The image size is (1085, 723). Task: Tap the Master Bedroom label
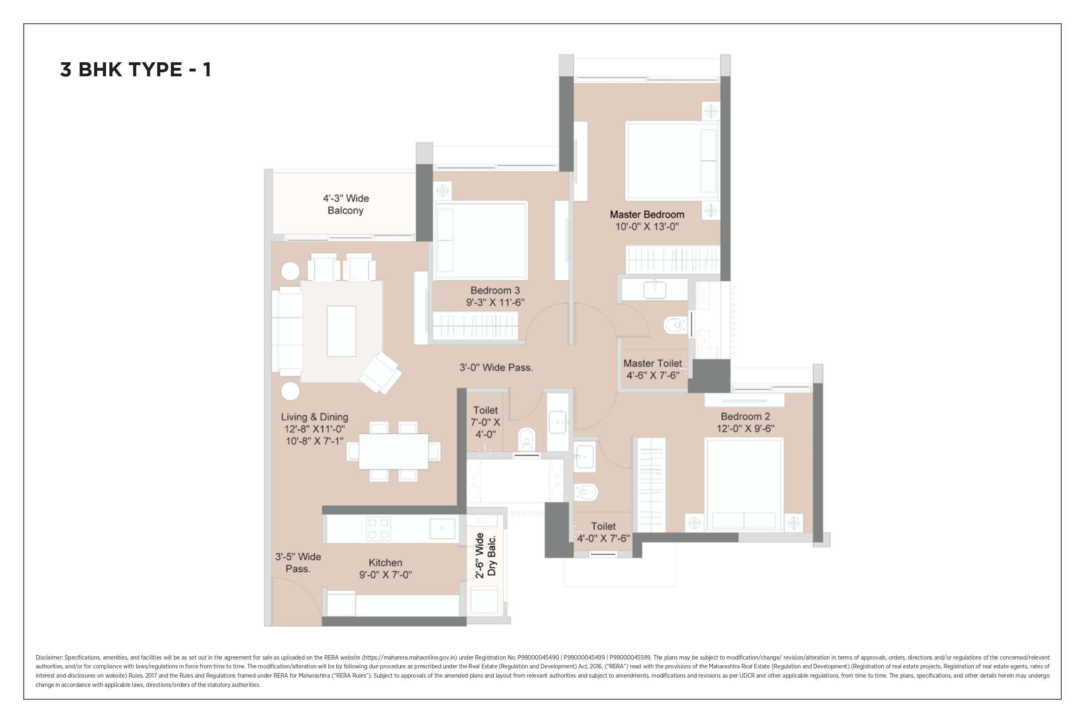click(647, 214)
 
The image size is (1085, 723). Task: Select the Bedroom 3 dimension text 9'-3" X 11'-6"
click(495, 302)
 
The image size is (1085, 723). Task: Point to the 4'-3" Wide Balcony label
click(346, 204)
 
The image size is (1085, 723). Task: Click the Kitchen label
click(385, 563)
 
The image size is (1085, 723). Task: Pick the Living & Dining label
click(315, 417)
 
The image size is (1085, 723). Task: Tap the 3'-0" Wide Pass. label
click(496, 368)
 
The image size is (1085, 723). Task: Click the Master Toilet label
click(652, 364)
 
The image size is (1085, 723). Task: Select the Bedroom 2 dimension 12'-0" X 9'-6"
click(745, 428)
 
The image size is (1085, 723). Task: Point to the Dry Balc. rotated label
click(492, 556)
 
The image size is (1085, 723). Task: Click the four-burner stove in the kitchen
click(378, 529)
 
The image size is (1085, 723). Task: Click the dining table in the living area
click(393, 451)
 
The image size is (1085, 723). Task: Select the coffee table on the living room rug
click(341, 331)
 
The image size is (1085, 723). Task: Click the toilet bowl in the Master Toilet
click(675, 325)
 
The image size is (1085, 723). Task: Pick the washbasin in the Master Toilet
click(655, 290)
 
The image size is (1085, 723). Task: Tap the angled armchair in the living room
click(381, 373)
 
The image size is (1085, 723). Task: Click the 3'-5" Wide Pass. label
click(298, 563)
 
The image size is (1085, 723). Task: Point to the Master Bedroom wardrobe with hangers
click(672, 259)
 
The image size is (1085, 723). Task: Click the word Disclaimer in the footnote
click(49, 658)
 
